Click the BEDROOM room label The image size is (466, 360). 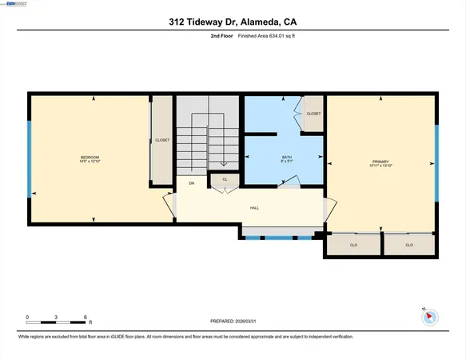89,157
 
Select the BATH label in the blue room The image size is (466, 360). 287,157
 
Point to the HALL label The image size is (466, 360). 254,208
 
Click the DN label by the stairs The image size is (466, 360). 191,183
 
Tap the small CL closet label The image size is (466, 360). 225,179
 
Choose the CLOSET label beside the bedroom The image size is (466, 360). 162,140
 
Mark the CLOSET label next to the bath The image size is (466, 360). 313,114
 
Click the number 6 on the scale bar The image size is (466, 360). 85,318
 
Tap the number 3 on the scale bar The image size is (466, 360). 56,318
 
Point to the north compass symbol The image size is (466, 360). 429,315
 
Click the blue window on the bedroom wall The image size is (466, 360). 30,158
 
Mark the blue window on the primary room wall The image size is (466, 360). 436,164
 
